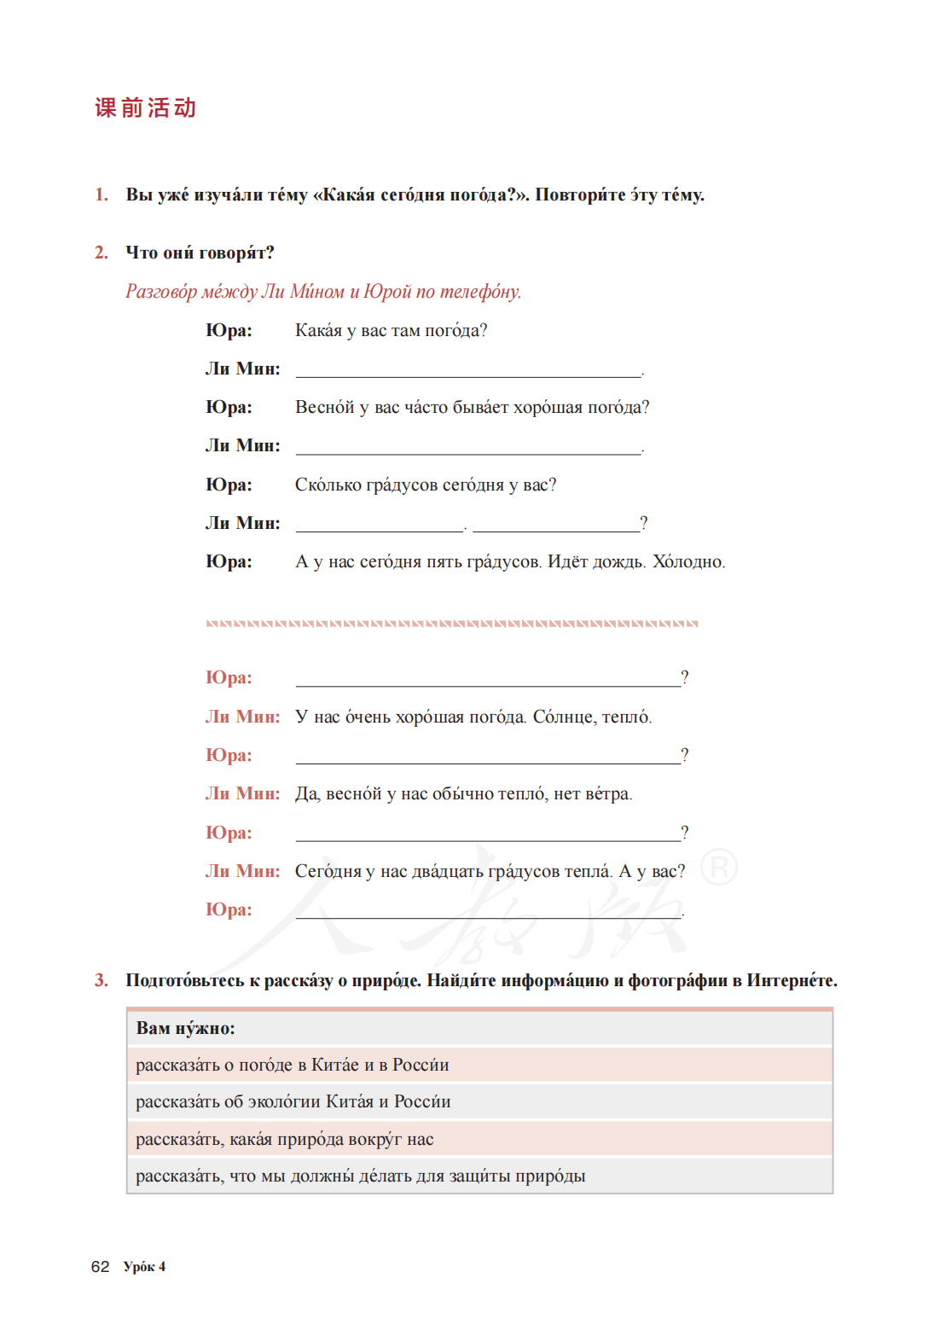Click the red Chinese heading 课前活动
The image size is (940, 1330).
point(145,108)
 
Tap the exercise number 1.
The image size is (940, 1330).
point(102,195)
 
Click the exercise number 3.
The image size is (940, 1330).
point(102,980)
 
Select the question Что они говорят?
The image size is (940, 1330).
point(200,253)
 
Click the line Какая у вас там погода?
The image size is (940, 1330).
point(391,330)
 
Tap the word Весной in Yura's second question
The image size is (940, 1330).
point(324,408)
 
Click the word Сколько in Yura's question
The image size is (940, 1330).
point(327,485)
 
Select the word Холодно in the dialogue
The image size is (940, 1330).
point(688,562)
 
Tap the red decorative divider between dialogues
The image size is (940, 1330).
point(451,624)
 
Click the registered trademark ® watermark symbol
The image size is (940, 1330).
point(718,868)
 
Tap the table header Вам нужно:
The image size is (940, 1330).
point(185,1028)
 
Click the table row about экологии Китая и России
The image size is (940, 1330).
point(293,1101)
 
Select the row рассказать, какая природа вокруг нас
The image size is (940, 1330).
point(284,1139)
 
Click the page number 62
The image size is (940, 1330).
point(100,1267)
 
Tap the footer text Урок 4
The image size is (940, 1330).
point(144,1267)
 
